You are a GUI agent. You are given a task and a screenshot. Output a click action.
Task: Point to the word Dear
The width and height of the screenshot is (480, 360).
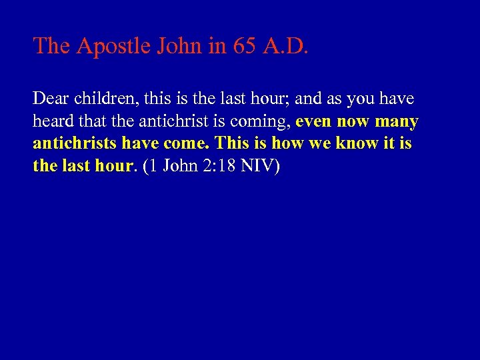[x=49, y=99]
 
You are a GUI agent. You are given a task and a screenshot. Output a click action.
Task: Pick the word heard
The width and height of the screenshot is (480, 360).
[x=51, y=121]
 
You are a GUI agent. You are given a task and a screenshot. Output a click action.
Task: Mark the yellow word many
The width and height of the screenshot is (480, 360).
[x=397, y=122]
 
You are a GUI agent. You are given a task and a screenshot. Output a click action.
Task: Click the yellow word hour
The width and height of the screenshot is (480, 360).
[x=110, y=166]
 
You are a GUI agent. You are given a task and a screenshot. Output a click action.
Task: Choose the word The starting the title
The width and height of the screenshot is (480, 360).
[x=53, y=46]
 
